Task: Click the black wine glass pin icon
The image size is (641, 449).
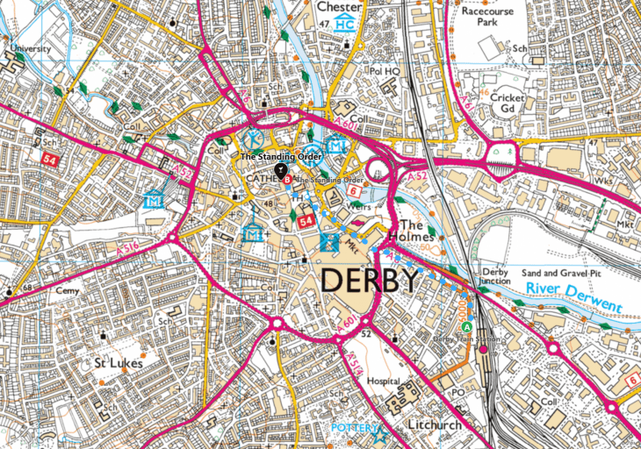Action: [x=280, y=168]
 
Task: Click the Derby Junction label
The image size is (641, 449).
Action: [x=495, y=276]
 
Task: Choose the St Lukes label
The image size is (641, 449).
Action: [x=119, y=361]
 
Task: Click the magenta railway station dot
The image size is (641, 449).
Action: [x=482, y=350]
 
